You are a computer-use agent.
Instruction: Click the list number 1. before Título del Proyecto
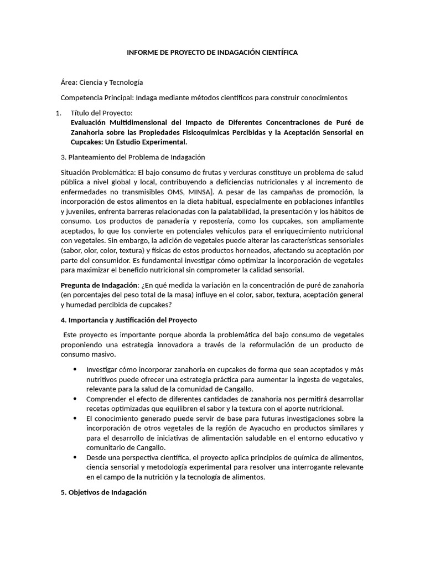pos(60,113)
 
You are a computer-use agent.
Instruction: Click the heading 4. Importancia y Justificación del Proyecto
pos(128,320)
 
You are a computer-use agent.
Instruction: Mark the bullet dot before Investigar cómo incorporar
pos(75,369)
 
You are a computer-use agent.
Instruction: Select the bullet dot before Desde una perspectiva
pos(75,457)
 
